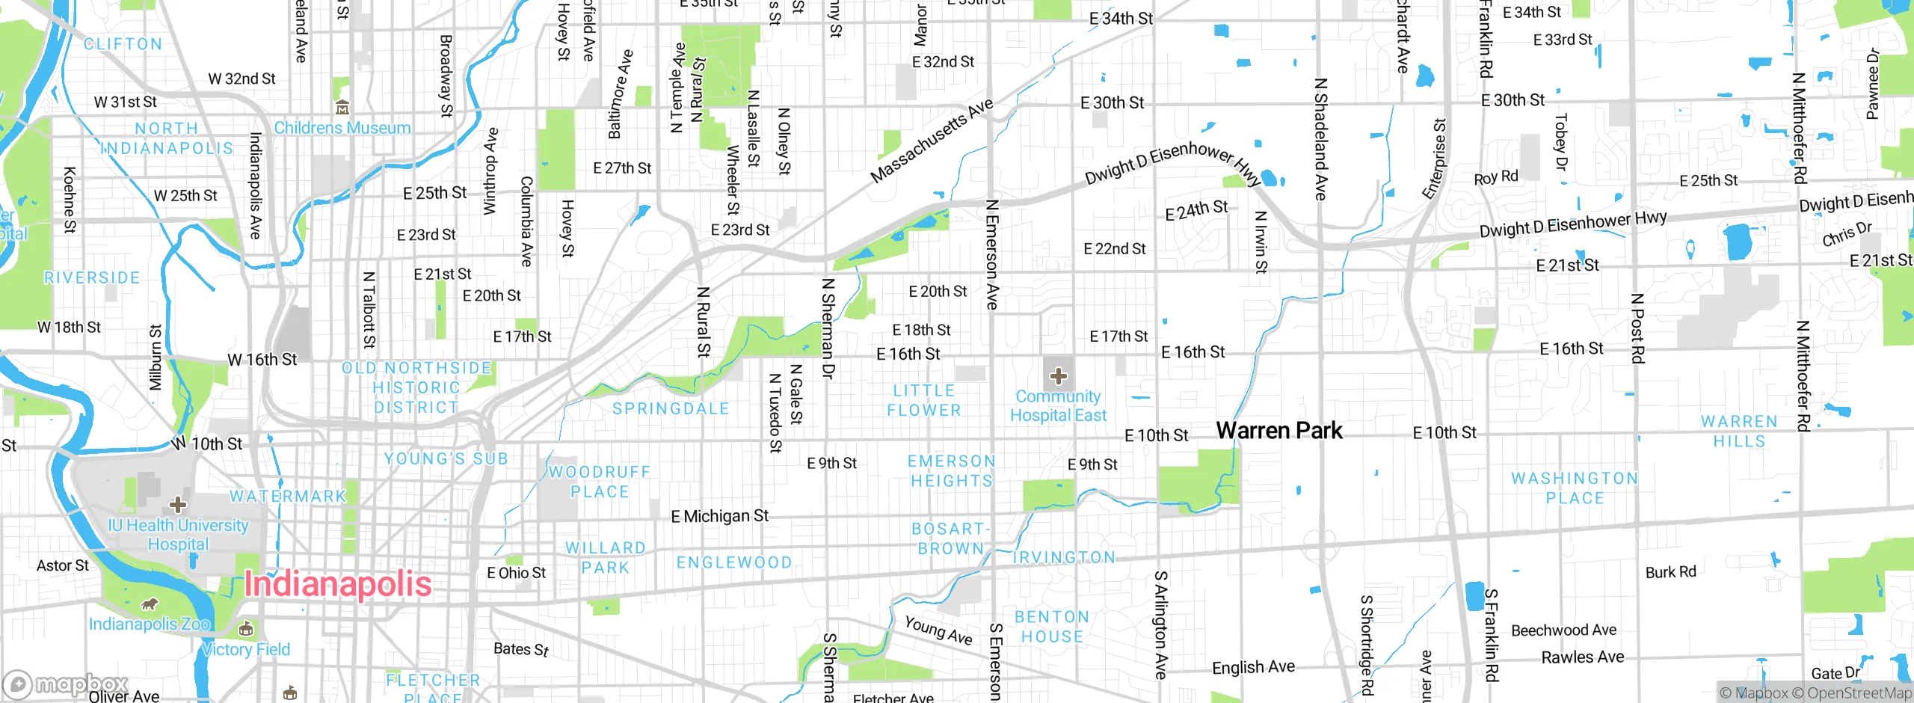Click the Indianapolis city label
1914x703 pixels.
pos(338,584)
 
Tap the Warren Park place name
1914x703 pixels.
pos(1278,431)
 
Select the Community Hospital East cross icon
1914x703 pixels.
pos(1058,375)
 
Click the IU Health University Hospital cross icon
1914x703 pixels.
pos(178,504)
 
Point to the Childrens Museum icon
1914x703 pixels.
pos(342,108)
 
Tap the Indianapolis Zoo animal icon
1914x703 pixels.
pos(150,604)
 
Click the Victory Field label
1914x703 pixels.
pos(246,649)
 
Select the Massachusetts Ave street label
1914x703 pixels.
pos(932,141)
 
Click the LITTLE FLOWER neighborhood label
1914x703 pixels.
pos(924,400)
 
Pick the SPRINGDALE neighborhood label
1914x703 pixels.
pos(671,408)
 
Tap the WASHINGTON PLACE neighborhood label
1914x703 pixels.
pos(1575,488)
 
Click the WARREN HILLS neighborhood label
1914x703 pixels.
pos(1739,432)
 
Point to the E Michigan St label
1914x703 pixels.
pos(719,516)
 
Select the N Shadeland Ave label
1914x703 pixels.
pos(1320,139)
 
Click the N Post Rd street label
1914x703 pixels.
pos(1637,328)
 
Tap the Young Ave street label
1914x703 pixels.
pos(938,630)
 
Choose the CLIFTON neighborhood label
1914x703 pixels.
pos(123,44)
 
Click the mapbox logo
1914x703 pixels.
pos(66,684)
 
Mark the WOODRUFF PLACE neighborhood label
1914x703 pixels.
pos(600,482)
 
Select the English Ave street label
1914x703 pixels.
pos(1253,667)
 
